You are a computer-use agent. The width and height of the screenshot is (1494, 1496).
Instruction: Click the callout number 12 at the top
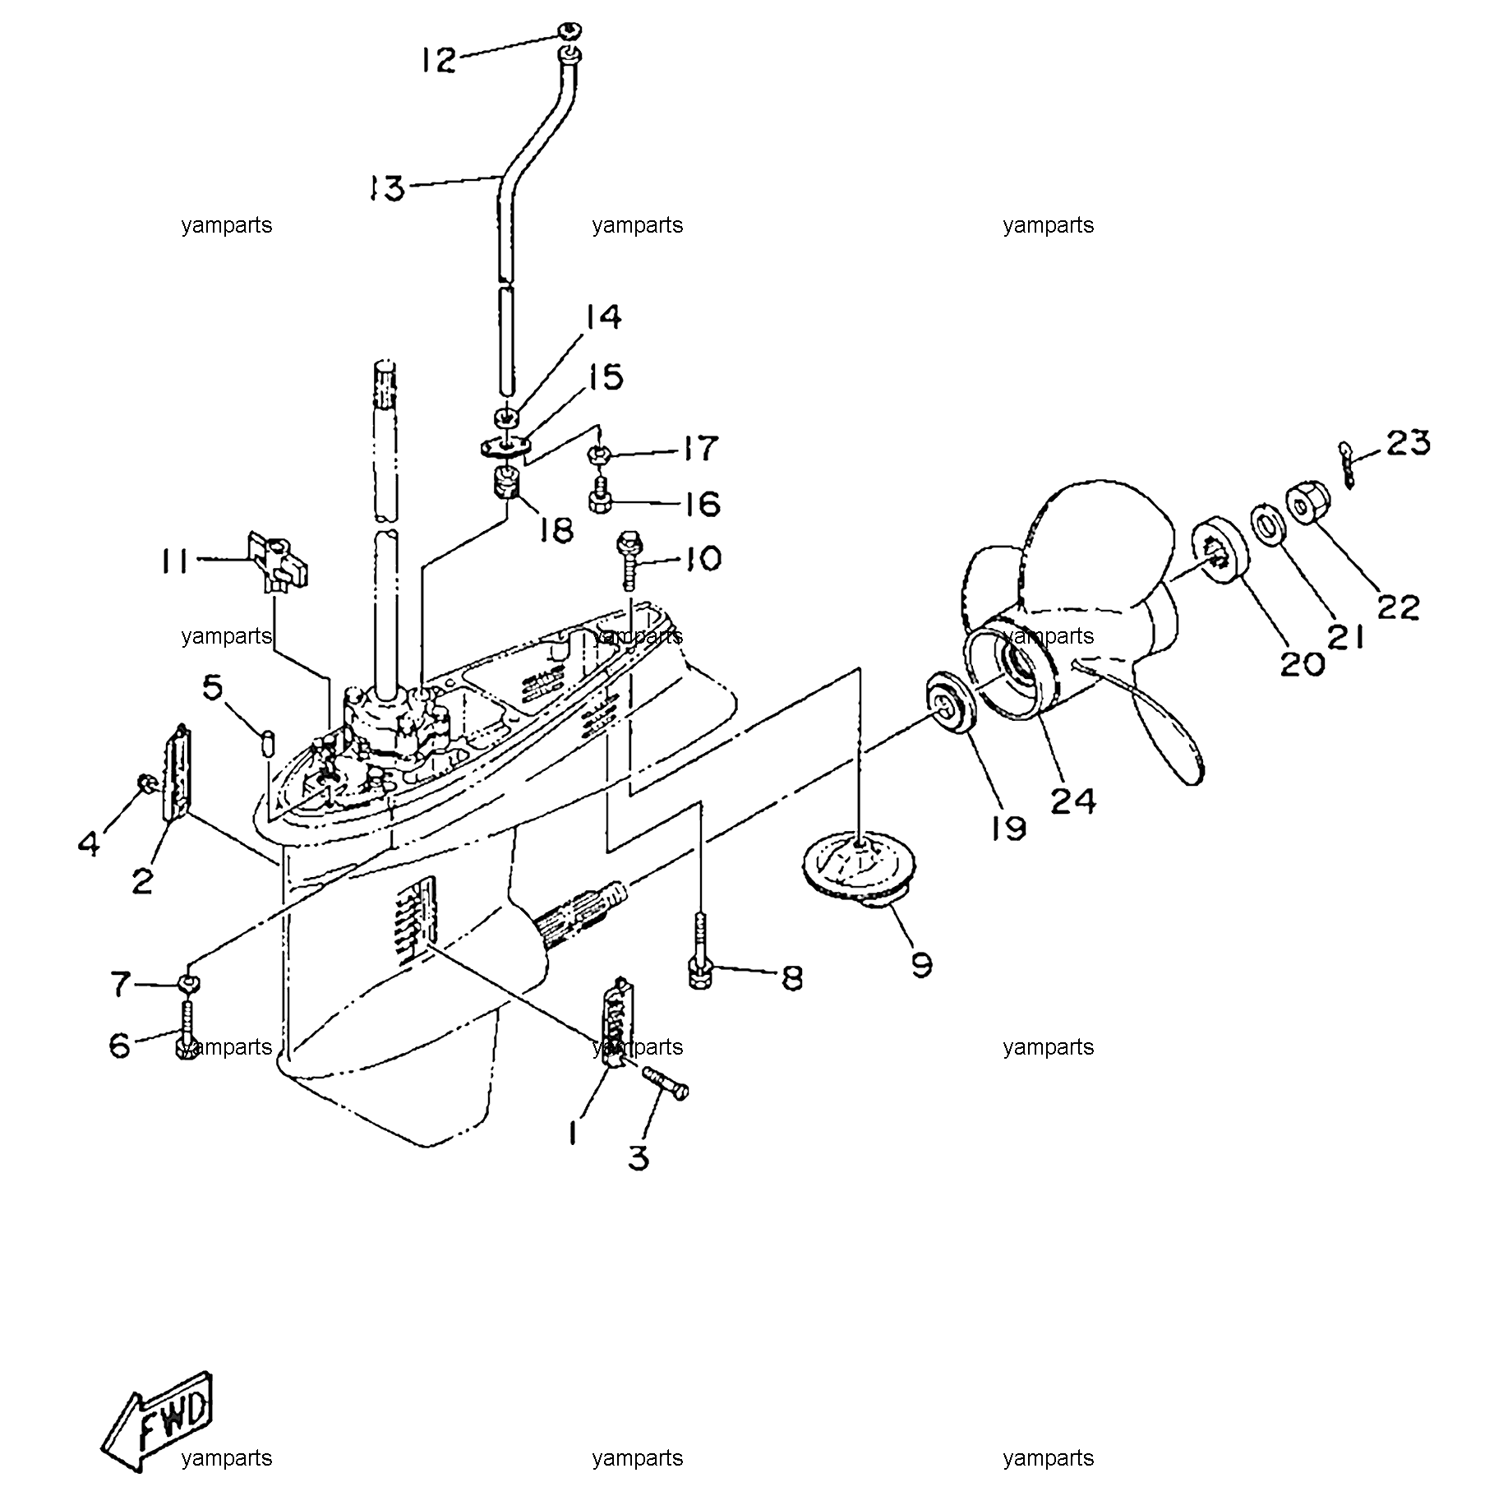pos(439,60)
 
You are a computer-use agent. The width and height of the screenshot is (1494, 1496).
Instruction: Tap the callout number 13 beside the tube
pos(387,188)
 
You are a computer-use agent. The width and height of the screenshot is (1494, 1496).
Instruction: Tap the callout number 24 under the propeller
pos(1074,800)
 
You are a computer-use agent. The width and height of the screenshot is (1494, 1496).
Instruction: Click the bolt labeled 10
pos(629,561)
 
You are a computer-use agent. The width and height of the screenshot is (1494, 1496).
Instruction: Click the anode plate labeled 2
pos(177,773)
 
